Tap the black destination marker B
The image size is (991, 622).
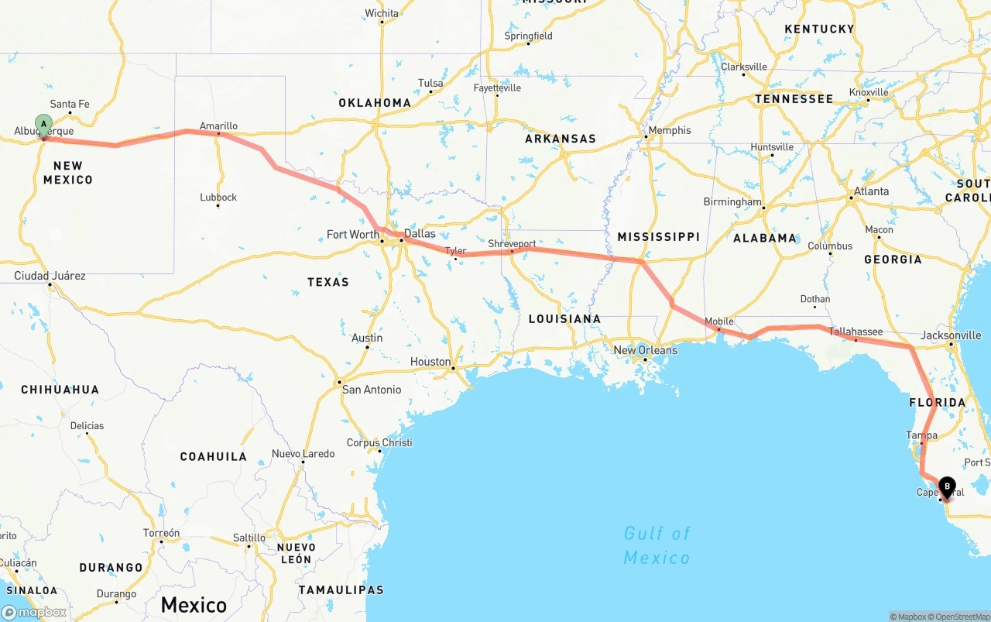point(947,486)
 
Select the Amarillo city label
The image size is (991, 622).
point(218,125)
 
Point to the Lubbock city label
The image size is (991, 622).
point(218,197)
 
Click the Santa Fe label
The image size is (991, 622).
point(70,104)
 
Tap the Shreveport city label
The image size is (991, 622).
point(512,243)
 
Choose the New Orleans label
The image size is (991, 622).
point(645,350)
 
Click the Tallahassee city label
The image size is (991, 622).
point(856,332)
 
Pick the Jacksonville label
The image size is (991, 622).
point(951,335)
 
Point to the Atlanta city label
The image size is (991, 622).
point(871,191)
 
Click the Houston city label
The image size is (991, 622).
point(430,362)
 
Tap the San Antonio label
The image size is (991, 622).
point(372,390)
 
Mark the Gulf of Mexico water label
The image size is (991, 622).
point(657,545)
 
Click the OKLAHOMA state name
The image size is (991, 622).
point(375,102)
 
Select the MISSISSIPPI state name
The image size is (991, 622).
point(658,236)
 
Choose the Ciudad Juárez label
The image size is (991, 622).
point(50,276)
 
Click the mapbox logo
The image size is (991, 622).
point(34,612)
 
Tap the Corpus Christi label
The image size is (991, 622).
point(379,443)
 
